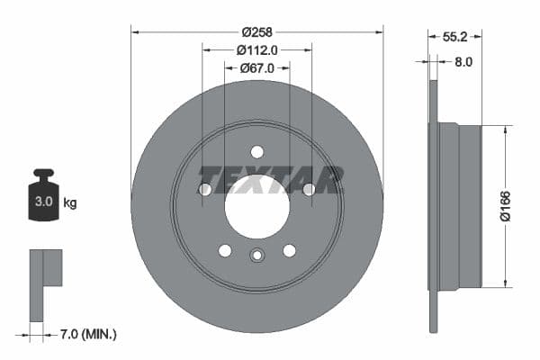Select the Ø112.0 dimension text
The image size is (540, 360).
256,50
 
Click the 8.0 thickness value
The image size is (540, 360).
463,62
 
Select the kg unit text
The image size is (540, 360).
70,202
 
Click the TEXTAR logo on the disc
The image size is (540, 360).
270,179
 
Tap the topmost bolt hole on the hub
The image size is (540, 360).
257,152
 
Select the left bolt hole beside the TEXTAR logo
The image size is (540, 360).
205,189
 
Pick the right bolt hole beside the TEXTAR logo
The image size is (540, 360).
309,189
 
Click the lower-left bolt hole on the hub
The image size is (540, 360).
225,250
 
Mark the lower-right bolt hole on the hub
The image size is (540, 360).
289,250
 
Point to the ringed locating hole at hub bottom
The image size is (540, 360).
257,256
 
